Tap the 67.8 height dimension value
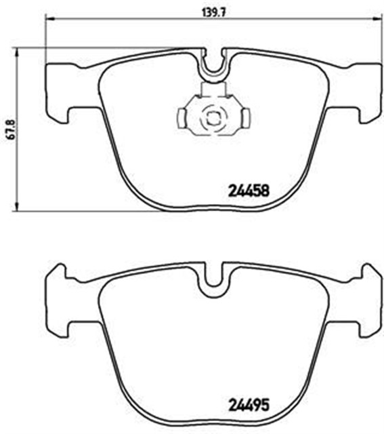pos(6,128)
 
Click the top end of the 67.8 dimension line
pos(17,48)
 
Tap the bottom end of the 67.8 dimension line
pos(17,209)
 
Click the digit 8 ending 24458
pos(266,191)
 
